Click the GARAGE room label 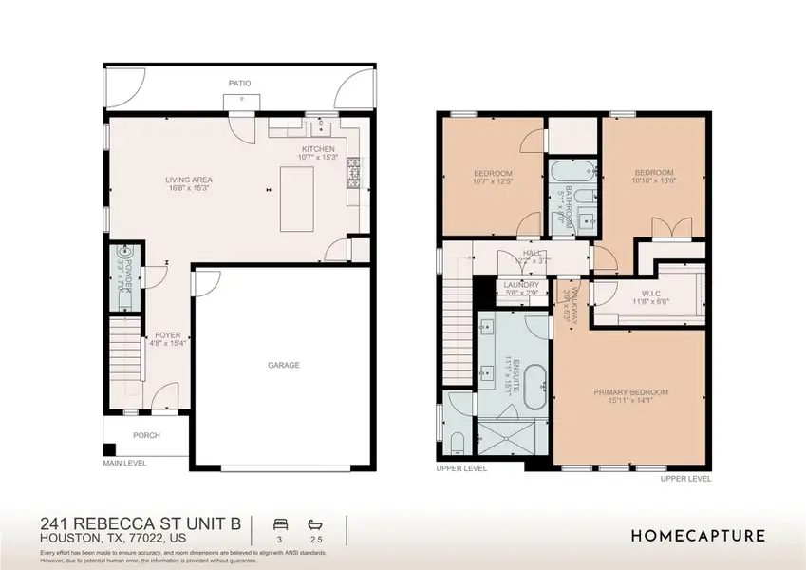(283, 365)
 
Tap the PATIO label (239, 84)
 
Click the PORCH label (146, 436)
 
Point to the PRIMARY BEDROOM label (631, 392)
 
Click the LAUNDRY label (521, 285)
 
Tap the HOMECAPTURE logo (698, 536)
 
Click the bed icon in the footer (280, 523)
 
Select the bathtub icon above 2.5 (315, 523)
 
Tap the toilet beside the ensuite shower (457, 442)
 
